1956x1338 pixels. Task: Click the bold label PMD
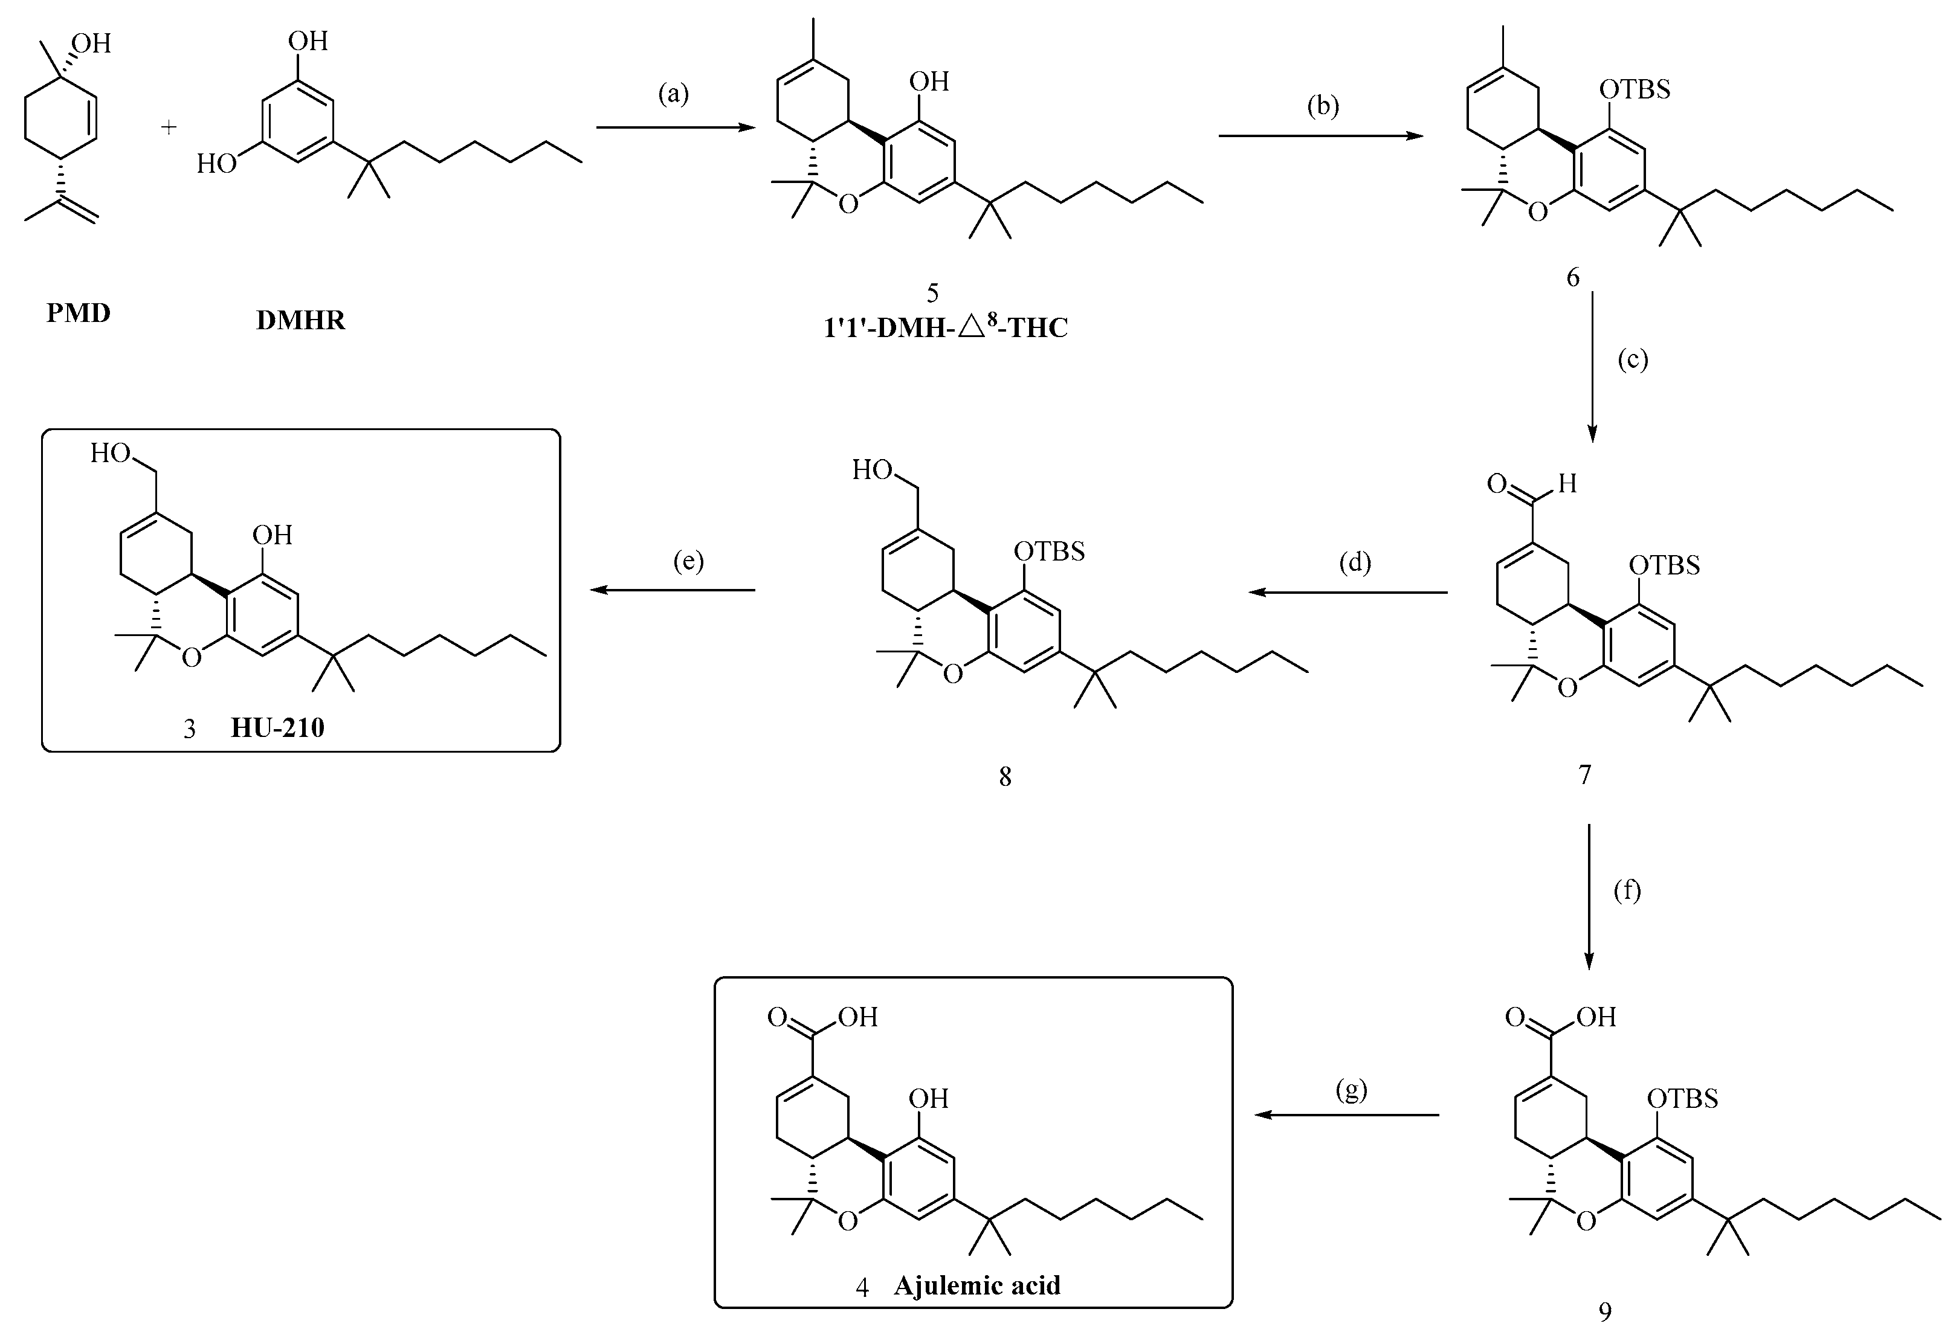pos(79,313)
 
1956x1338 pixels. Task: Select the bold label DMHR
pos(300,321)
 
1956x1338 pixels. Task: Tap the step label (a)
pos(673,94)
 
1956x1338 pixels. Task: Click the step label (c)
pos(1633,360)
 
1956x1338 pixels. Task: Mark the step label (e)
pos(688,561)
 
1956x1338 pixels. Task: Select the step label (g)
pos(1351,1090)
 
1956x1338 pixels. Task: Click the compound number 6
pos(1573,278)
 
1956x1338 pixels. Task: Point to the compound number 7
pos(1584,774)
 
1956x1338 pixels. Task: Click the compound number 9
pos(1605,1311)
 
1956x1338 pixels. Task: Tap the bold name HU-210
pos(278,727)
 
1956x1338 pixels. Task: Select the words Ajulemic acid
pos(976,1286)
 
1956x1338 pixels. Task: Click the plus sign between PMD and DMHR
pos(169,127)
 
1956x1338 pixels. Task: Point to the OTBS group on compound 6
pos(1635,89)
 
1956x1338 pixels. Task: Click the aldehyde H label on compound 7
pos(1566,483)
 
